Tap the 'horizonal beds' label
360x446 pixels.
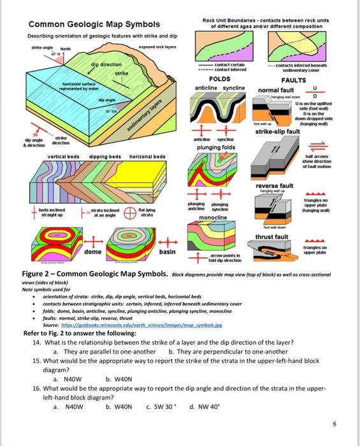[x=147, y=156]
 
